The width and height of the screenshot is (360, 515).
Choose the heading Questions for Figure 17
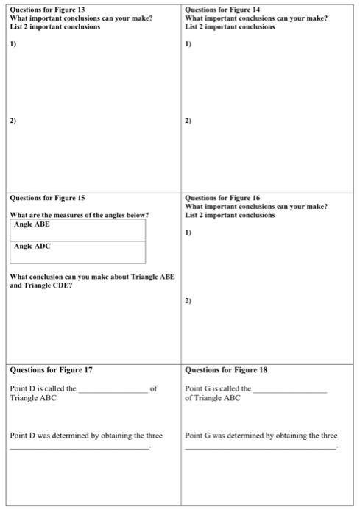point(51,369)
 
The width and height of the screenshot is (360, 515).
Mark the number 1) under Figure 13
point(13,44)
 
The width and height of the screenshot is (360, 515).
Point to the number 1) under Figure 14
point(188,44)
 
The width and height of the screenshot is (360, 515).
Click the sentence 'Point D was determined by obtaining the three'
point(86,436)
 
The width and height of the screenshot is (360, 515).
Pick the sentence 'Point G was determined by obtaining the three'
point(261,436)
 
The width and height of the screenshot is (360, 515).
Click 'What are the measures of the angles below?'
point(80,215)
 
